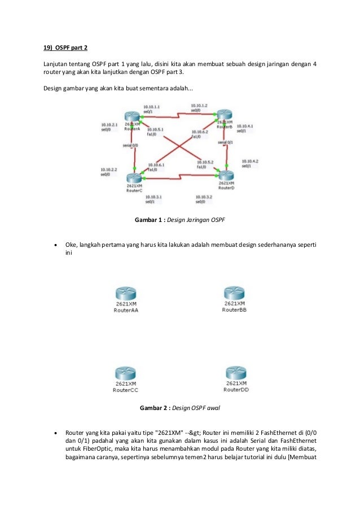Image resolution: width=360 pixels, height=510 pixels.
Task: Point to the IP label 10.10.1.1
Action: click(x=151, y=106)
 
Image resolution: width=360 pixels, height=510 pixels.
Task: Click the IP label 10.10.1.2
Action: click(x=199, y=106)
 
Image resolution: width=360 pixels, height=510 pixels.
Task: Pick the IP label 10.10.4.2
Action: click(x=249, y=161)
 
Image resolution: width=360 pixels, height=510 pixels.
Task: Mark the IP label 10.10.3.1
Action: click(x=153, y=197)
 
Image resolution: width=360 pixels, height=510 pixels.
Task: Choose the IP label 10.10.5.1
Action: click(x=155, y=129)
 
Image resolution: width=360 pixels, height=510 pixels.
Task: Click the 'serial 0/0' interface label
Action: click(x=131, y=145)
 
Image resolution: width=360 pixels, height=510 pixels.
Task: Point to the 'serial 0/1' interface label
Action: click(x=226, y=142)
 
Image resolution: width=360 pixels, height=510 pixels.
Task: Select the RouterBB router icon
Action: click(x=234, y=294)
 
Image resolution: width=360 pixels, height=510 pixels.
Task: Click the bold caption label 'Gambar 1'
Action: click(x=148, y=219)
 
